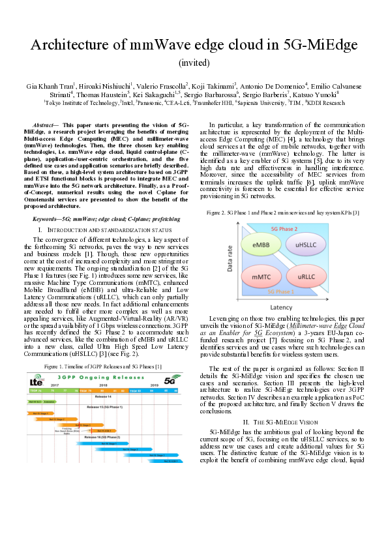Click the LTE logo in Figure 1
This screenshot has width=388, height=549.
coord(37,382)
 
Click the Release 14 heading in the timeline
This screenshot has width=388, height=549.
coord(104,395)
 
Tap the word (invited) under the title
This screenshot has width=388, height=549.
coord(194,63)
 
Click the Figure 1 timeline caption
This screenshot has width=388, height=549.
coord(102,367)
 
